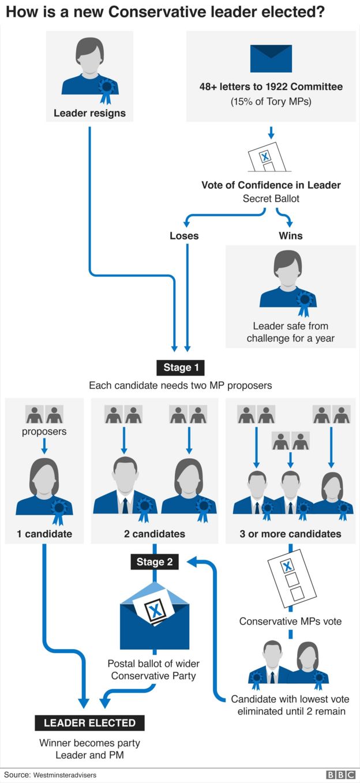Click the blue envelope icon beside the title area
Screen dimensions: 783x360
(x=271, y=59)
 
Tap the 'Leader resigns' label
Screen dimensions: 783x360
(x=89, y=113)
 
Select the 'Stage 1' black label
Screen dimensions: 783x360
(x=181, y=368)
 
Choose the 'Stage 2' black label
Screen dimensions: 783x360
(x=154, y=562)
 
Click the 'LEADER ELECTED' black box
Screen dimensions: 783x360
(x=90, y=723)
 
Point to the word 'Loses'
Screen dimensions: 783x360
(x=184, y=235)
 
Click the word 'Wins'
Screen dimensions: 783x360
(x=291, y=235)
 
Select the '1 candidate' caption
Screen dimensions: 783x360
(x=44, y=534)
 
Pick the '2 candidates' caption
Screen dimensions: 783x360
(x=155, y=534)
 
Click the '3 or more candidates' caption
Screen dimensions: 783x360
(x=290, y=534)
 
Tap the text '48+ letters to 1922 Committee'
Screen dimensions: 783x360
(x=271, y=87)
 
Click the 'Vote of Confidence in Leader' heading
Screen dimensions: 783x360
(x=271, y=185)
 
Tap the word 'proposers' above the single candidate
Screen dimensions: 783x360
(x=44, y=432)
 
